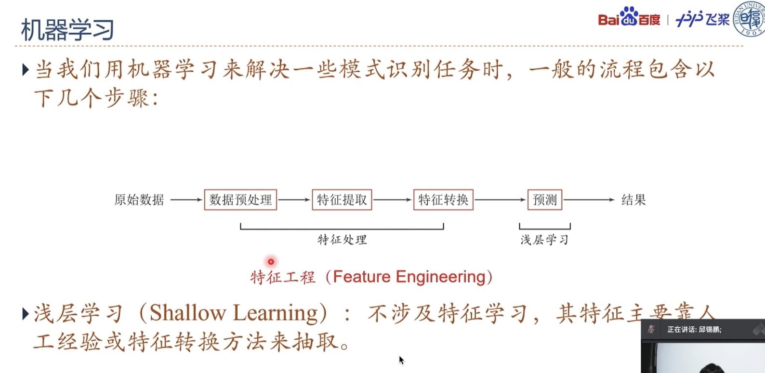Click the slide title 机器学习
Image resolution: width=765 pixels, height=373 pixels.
tap(67, 30)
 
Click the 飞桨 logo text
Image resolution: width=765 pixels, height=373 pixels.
tap(703, 19)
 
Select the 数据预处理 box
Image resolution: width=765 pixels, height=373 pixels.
tap(240, 200)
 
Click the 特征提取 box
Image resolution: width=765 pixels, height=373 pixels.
tap(342, 200)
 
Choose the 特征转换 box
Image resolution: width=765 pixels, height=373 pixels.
tap(443, 200)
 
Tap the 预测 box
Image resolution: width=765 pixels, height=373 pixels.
tap(545, 200)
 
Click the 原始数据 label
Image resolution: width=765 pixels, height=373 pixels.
tap(139, 200)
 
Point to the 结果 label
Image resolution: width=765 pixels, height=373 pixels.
tap(633, 200)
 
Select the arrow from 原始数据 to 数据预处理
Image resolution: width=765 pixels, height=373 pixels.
tap(186, 200)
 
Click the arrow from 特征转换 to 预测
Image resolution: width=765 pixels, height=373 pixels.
tap(500, 200)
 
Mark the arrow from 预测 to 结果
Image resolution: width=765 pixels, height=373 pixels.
tap(589, 200)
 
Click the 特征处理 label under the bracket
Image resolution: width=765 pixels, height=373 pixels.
tap(342, 240)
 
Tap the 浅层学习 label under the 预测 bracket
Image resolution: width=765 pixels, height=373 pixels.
tap(544, 240)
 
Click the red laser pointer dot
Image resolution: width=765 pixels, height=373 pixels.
tap(271, 262)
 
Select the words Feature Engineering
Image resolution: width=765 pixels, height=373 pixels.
tap(409, 277)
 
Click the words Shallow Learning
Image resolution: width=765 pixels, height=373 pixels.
tap(234, 313)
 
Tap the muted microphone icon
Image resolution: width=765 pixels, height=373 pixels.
tap(651, 329)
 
